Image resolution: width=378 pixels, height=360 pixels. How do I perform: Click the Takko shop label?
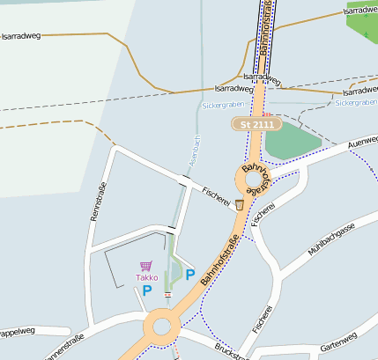pyautogui.click(x=146, y=277)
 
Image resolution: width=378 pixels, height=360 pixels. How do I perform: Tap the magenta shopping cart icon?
pyautogui.click(x=146, y=266)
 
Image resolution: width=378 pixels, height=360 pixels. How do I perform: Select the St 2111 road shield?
pyautogui.click(x=256, y=125)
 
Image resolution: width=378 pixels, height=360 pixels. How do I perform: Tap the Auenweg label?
pyautogui.click(x=362, y=142)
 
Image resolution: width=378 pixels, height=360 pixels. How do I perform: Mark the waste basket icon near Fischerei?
pyautogui.click(x=239, y=204)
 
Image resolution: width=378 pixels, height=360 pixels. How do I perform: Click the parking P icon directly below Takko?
pyautogui.click(x=147, y=290)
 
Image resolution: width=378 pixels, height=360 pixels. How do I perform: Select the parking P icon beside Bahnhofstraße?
pyautogui.click(x=189, y=275)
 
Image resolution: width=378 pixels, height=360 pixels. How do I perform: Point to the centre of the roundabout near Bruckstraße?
pyautogui.click(x=162, y=327)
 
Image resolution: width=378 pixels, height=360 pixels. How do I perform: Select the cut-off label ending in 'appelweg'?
pyautogui.click(x=21, y=332)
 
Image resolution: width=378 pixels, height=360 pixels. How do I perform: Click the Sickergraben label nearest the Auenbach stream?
pyautogui.click(x=222, y=105)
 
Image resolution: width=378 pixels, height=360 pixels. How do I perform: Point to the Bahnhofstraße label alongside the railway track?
pyautogui.click(x=265, y=31)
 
